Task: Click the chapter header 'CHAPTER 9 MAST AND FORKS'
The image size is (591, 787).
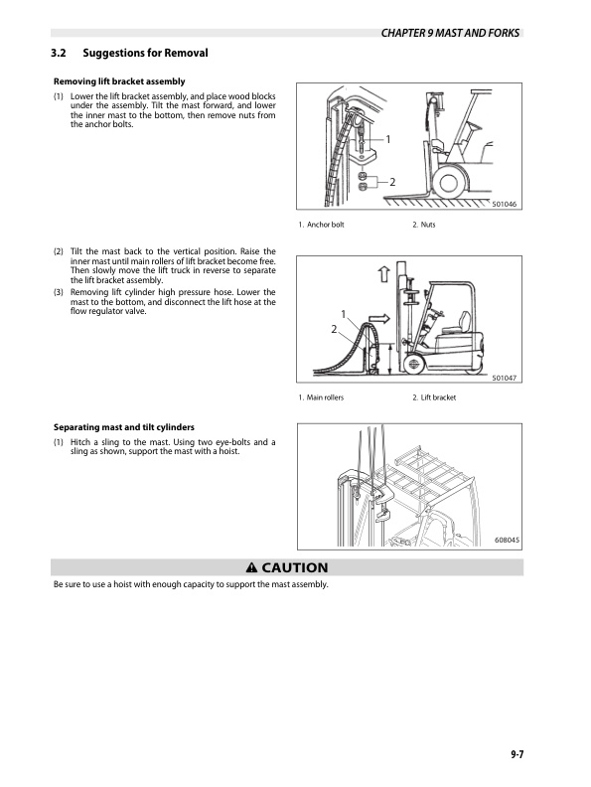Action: [450, 33]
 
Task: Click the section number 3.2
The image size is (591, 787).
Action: [59, 53]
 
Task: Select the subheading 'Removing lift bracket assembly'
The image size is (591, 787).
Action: [119, 81]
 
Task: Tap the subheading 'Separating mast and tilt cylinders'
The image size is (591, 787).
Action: [124, 427]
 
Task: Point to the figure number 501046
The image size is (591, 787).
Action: [504, 205]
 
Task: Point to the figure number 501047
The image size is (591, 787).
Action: [504, 378]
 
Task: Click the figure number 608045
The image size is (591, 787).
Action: [507, 540]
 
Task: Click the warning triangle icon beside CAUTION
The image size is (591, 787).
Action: [251, 567]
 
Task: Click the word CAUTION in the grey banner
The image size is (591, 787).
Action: [295, 567]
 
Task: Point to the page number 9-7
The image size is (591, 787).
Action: [517, 754]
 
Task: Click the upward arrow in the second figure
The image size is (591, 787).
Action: [383, 274]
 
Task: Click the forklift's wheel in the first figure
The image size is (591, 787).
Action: [448, 183]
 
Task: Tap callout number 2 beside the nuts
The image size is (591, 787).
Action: [392, 182]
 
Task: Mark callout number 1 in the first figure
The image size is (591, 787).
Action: [387, 139]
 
